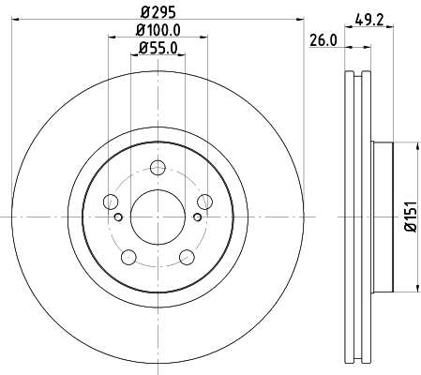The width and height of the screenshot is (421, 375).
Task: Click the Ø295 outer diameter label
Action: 157,11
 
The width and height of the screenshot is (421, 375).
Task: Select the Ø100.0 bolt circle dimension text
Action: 157,32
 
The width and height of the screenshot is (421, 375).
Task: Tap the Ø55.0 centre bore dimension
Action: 157,48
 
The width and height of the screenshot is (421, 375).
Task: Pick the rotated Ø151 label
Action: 410,216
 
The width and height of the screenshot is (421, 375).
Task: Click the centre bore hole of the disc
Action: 157,216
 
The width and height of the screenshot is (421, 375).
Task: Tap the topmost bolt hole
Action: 157,168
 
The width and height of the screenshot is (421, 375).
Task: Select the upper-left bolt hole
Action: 111,201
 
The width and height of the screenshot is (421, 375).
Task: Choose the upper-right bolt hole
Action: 203,201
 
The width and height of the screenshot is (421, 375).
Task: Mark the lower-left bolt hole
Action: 128,255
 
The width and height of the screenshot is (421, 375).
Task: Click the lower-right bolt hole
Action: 185,255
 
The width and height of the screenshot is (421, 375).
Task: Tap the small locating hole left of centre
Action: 117,216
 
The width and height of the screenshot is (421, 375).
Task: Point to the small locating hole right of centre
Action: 196,216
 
